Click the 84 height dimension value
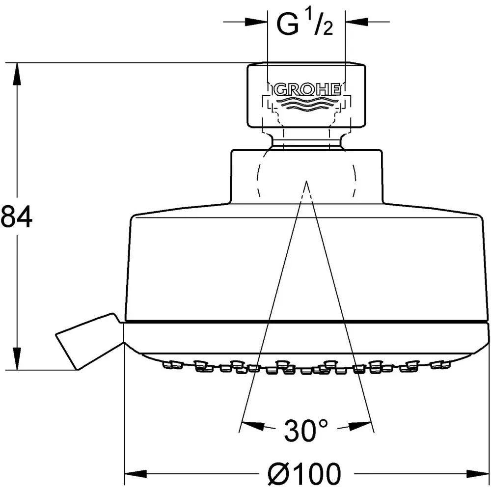click(17, 217)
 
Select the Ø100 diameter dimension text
click(304, 473)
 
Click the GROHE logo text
click(307, 90)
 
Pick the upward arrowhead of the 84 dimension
click(17, 73)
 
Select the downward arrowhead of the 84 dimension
click(17, 359)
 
